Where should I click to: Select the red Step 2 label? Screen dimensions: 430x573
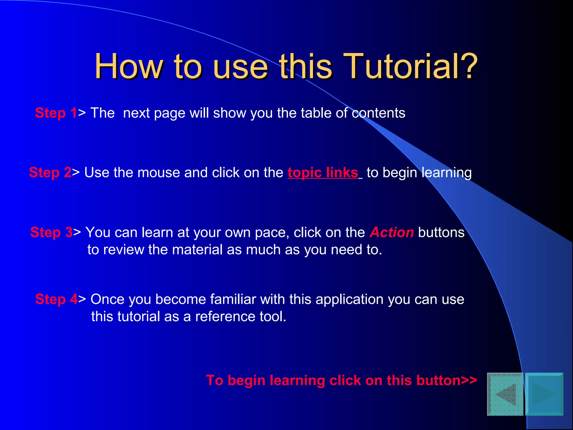pos(50,172)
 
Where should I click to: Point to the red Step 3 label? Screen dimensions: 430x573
pos(51,232)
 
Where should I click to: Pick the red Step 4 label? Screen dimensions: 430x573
pos(56,299)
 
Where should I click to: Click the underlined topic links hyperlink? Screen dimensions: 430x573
pos(323,172)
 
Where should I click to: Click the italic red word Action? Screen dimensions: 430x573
pos(391,232)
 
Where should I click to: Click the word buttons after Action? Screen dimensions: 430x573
pos(441,232)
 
